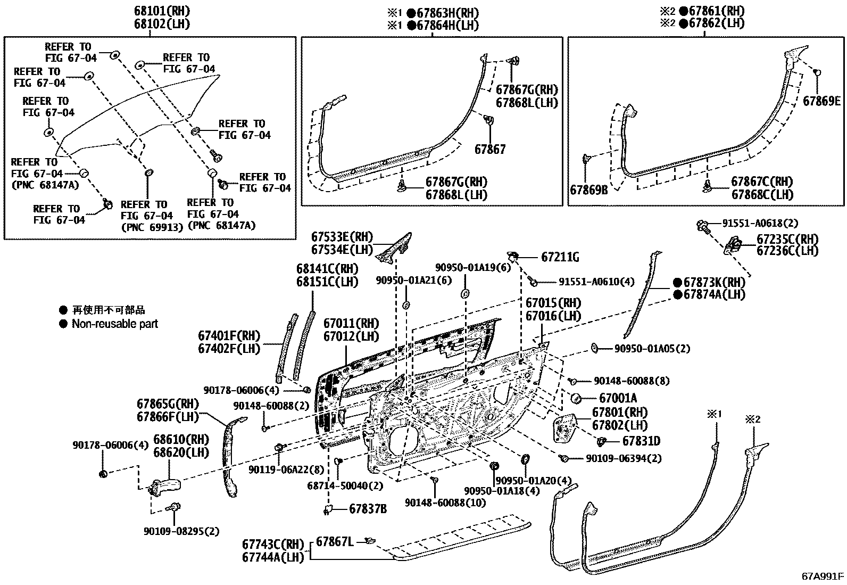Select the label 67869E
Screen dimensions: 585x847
pyautogui.click(x=821, y=101)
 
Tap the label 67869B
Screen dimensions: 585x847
pyautogui.click(x=588, y=189)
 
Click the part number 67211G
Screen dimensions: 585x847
pyautogui.click(x=560, y=258)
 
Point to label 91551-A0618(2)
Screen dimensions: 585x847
pyautogui.click(x=760, y=223)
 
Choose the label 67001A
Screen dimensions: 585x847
pyautogui.click(x=618, y=398)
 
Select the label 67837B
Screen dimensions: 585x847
pyautogui.click(x=368, y=509)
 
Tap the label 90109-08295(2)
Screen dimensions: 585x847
pyautogui.click(x=181, y=531)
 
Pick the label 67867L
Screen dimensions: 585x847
pyautogui.click(x=335, y=541)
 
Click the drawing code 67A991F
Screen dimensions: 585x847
pyautogui.click(x=823, y=576)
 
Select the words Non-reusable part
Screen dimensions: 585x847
pyautogui.click(x=115, y=324)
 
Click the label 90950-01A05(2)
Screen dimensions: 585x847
pyautogui.click(x=652, y=349)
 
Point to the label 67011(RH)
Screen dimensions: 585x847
pyautogui.click(x=351, y=323)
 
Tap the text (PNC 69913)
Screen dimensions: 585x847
pyautogui.click(x=152, y=227)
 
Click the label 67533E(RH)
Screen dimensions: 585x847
pyautogui.click(x=342, y=237)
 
